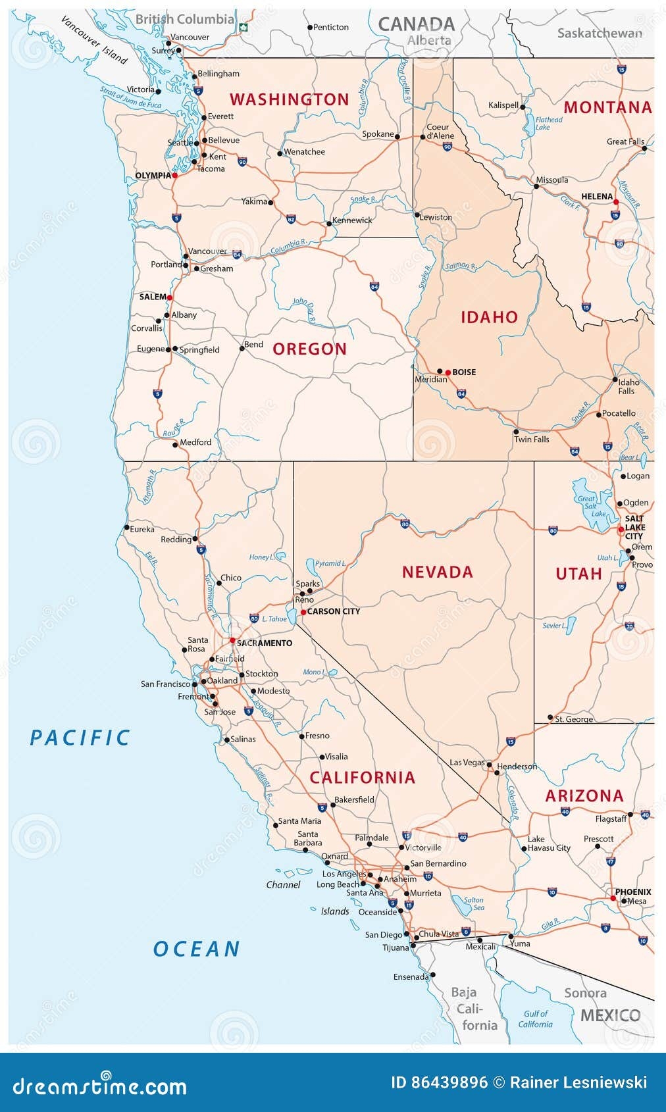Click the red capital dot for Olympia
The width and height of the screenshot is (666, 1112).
click(175, 176)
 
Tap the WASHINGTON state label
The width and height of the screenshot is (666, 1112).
click(289, 100)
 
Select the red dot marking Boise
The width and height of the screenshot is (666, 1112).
click(448, 372)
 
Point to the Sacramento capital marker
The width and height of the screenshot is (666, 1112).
click(232, 640)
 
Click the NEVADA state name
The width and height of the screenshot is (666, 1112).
click(438, 572)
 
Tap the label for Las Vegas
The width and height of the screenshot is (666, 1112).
click(467, 763)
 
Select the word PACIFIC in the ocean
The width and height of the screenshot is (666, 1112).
click(80, 738)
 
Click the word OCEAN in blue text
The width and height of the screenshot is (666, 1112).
click(196, 949)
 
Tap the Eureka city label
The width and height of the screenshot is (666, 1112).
click(142, 529)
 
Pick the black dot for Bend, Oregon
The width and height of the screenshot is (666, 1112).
click(242, 348)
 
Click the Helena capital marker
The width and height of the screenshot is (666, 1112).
click(616, 203)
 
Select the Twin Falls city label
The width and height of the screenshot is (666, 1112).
click(531, 440)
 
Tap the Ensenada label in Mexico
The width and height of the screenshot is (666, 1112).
click(411, 977)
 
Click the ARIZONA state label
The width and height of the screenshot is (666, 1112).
click(584, 796)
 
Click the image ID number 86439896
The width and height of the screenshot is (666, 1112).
click(439, 1082)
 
